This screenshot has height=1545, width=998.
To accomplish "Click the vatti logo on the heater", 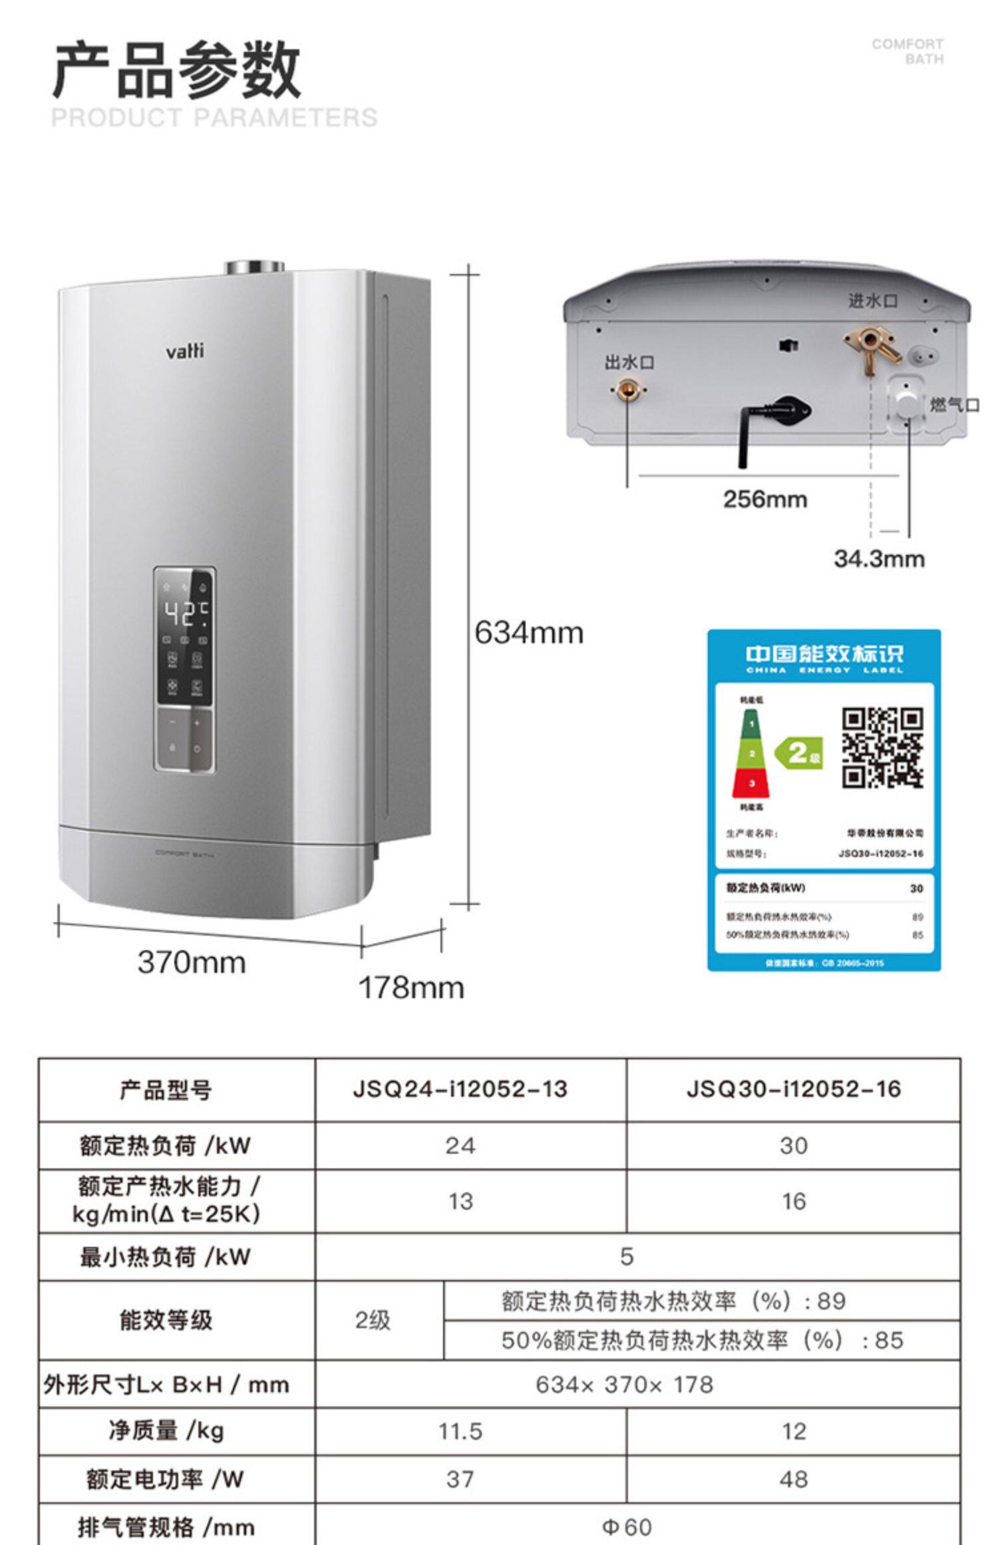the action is click(x=184, y=351).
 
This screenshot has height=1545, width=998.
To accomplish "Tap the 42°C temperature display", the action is click(x=186, y=613).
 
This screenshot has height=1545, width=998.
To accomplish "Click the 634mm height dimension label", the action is click(x=529, y=633).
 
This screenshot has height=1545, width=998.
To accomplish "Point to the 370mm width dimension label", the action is click(x=192, y=962).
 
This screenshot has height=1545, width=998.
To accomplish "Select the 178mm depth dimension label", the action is click(x=411, y=987).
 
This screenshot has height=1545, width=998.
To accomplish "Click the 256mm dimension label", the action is click(x=765, y=499).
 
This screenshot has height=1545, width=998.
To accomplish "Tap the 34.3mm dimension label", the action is click(x=879, y=559).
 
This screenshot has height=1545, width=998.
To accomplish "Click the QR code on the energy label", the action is click(x=882, y=748).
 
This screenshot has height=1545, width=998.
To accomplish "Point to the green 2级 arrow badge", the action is click(x=799, y=753).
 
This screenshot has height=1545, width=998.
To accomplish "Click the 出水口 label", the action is click(x=629, y=363).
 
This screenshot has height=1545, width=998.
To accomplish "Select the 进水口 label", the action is click(x=872, y=301).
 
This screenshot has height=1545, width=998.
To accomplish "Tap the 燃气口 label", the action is click(x=954, y=405).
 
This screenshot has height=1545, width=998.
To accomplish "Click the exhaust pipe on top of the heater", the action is click(x=254, y=267).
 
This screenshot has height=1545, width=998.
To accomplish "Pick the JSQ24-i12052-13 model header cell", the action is click(x=460, y=1089).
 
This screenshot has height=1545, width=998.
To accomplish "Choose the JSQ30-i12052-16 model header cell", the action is click(x=793, y=1089).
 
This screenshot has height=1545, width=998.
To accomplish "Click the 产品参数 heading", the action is click(x=176, y=70).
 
